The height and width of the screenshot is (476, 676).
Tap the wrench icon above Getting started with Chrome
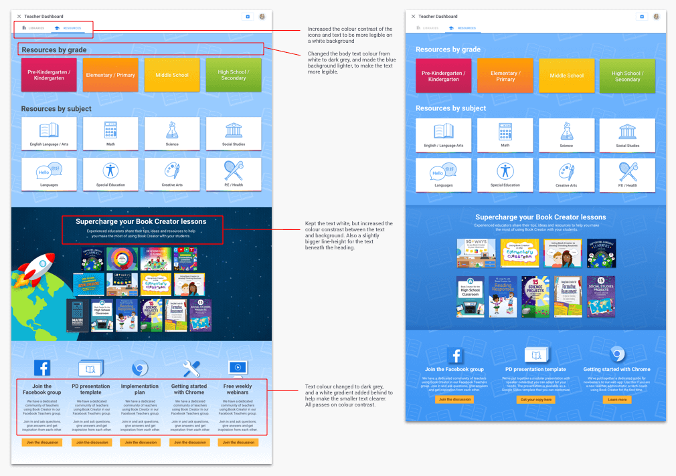tap(191, 368)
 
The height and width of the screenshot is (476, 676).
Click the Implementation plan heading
tap(140, 389)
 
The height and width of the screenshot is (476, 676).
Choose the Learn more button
tap(617, 399)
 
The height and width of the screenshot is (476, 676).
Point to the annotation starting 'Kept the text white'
tap(349, 236)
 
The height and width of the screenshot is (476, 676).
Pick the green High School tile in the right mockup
tap(627, 76)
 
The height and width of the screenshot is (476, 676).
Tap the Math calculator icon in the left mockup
tap(110, 130)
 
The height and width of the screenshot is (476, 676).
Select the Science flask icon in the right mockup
tap(566, 131)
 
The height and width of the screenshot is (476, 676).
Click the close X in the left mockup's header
tap(19, 16)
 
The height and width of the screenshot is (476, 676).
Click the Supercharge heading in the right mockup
tap(540, 217)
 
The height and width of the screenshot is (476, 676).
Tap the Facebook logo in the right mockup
tap(455, 355)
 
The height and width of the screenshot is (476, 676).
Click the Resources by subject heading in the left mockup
tap(56, 108)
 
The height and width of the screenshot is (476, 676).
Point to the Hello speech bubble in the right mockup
tap(437, 173)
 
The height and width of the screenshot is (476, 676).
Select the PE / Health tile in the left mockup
tap(234, 174)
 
